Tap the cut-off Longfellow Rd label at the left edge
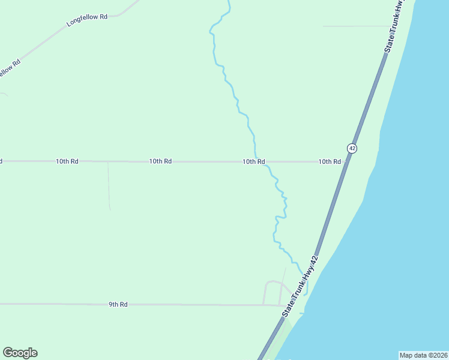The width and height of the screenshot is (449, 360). (x=9, y=67)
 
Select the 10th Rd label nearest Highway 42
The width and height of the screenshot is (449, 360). (x=330, y=161)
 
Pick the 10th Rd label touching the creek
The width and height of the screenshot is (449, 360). (x=254, y=161)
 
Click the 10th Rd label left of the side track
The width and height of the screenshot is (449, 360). (x=67, y=161)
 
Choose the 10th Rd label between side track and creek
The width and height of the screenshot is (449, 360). (x=161, y=161)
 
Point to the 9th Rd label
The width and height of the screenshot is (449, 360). (x=118, y=304)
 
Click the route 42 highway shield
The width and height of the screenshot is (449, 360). (x=352, y=148)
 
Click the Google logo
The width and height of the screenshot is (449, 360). (x=20, y=353)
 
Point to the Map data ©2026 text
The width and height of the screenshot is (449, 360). (x=423, y=355)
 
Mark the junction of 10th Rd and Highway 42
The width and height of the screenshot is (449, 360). (x=345, y=161)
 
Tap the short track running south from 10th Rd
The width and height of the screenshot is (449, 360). (x=109, y=186)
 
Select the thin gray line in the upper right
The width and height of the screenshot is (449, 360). (x=354, y=26)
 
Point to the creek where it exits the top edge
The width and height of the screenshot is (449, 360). (x=229, y=2)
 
